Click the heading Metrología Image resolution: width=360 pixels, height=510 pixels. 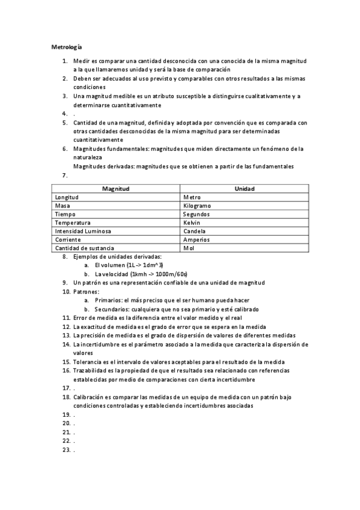coord(66,46)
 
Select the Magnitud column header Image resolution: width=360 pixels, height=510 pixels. coord(116,189)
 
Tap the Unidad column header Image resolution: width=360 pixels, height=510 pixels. coord(245,189)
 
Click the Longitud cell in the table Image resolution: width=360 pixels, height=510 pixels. coord(67,197)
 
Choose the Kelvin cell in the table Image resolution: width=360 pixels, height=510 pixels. coord(192,223)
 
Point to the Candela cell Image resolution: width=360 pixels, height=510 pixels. coord(195,231)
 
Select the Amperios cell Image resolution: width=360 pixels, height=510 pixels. coord(197,239)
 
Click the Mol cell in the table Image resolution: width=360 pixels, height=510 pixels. coord(189,248)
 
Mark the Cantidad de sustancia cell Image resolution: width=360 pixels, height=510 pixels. coord(84,248)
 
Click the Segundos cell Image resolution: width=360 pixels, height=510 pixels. coord(197,214)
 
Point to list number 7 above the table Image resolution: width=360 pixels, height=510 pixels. coord(64,176)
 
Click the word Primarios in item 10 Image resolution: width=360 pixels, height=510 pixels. coord(108,300)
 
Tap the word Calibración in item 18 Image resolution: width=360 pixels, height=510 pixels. coord(90,397)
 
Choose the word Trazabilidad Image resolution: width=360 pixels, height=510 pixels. coord(91,370)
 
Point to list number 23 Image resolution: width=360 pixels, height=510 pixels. coord(67,449)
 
